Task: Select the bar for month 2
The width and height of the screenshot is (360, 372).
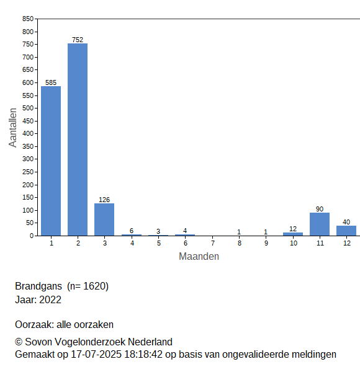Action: pos(78,139)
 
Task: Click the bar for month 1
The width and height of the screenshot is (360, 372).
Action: pos(51,161)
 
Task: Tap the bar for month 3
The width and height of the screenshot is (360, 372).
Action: pos(104,219)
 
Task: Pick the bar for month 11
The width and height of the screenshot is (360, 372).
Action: pos(320,224)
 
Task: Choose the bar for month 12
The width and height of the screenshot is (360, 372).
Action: pos(346,231)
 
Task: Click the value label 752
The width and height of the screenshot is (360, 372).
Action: pos(78,40)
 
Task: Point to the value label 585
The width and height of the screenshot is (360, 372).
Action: pos(51,82)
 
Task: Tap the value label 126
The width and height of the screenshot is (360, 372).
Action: pos(104,200)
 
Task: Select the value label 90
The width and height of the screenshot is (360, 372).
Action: pos(320,209)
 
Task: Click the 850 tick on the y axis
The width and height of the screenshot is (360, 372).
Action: pos(28,19)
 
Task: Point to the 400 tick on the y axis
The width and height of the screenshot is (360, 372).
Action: pos(28,133)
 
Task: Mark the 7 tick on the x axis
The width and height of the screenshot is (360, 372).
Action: pos(213,243)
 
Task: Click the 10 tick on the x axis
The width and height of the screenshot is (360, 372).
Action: pos(293,243)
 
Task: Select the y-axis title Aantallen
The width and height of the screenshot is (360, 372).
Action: pos(12,128)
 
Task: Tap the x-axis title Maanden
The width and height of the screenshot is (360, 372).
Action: pos(199,256)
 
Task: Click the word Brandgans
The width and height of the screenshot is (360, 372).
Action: pos(38,286)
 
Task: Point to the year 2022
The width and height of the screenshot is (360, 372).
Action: pos(50,299)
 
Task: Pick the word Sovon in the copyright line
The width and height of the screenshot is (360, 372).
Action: pos(38,342)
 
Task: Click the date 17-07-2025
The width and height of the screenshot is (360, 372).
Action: pos(96,355)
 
